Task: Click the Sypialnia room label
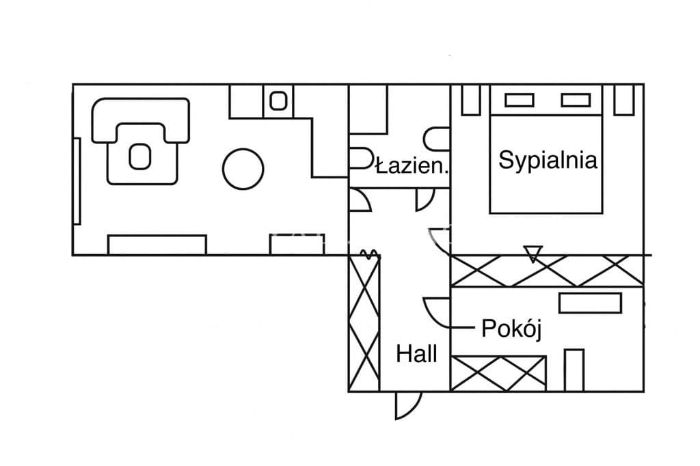point(548,161)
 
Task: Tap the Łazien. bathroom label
point(412,166)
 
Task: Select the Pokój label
point(511,329)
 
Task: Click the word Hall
point(416,354)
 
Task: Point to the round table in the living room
point(243,169)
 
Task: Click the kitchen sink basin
point(278,101)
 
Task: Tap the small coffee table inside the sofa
point(139,156)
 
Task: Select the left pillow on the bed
point(520,100)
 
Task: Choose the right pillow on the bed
point(576,100)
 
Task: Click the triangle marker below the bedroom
point(533,253)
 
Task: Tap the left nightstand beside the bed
point(472,100)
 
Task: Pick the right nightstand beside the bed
point(624,100)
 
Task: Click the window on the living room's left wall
point(77,181)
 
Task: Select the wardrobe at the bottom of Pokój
point(498,373)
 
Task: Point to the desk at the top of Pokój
point(590,303)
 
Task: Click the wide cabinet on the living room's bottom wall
point(157,245)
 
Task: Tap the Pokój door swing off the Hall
point(435,312)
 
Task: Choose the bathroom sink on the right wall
point(437,139)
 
